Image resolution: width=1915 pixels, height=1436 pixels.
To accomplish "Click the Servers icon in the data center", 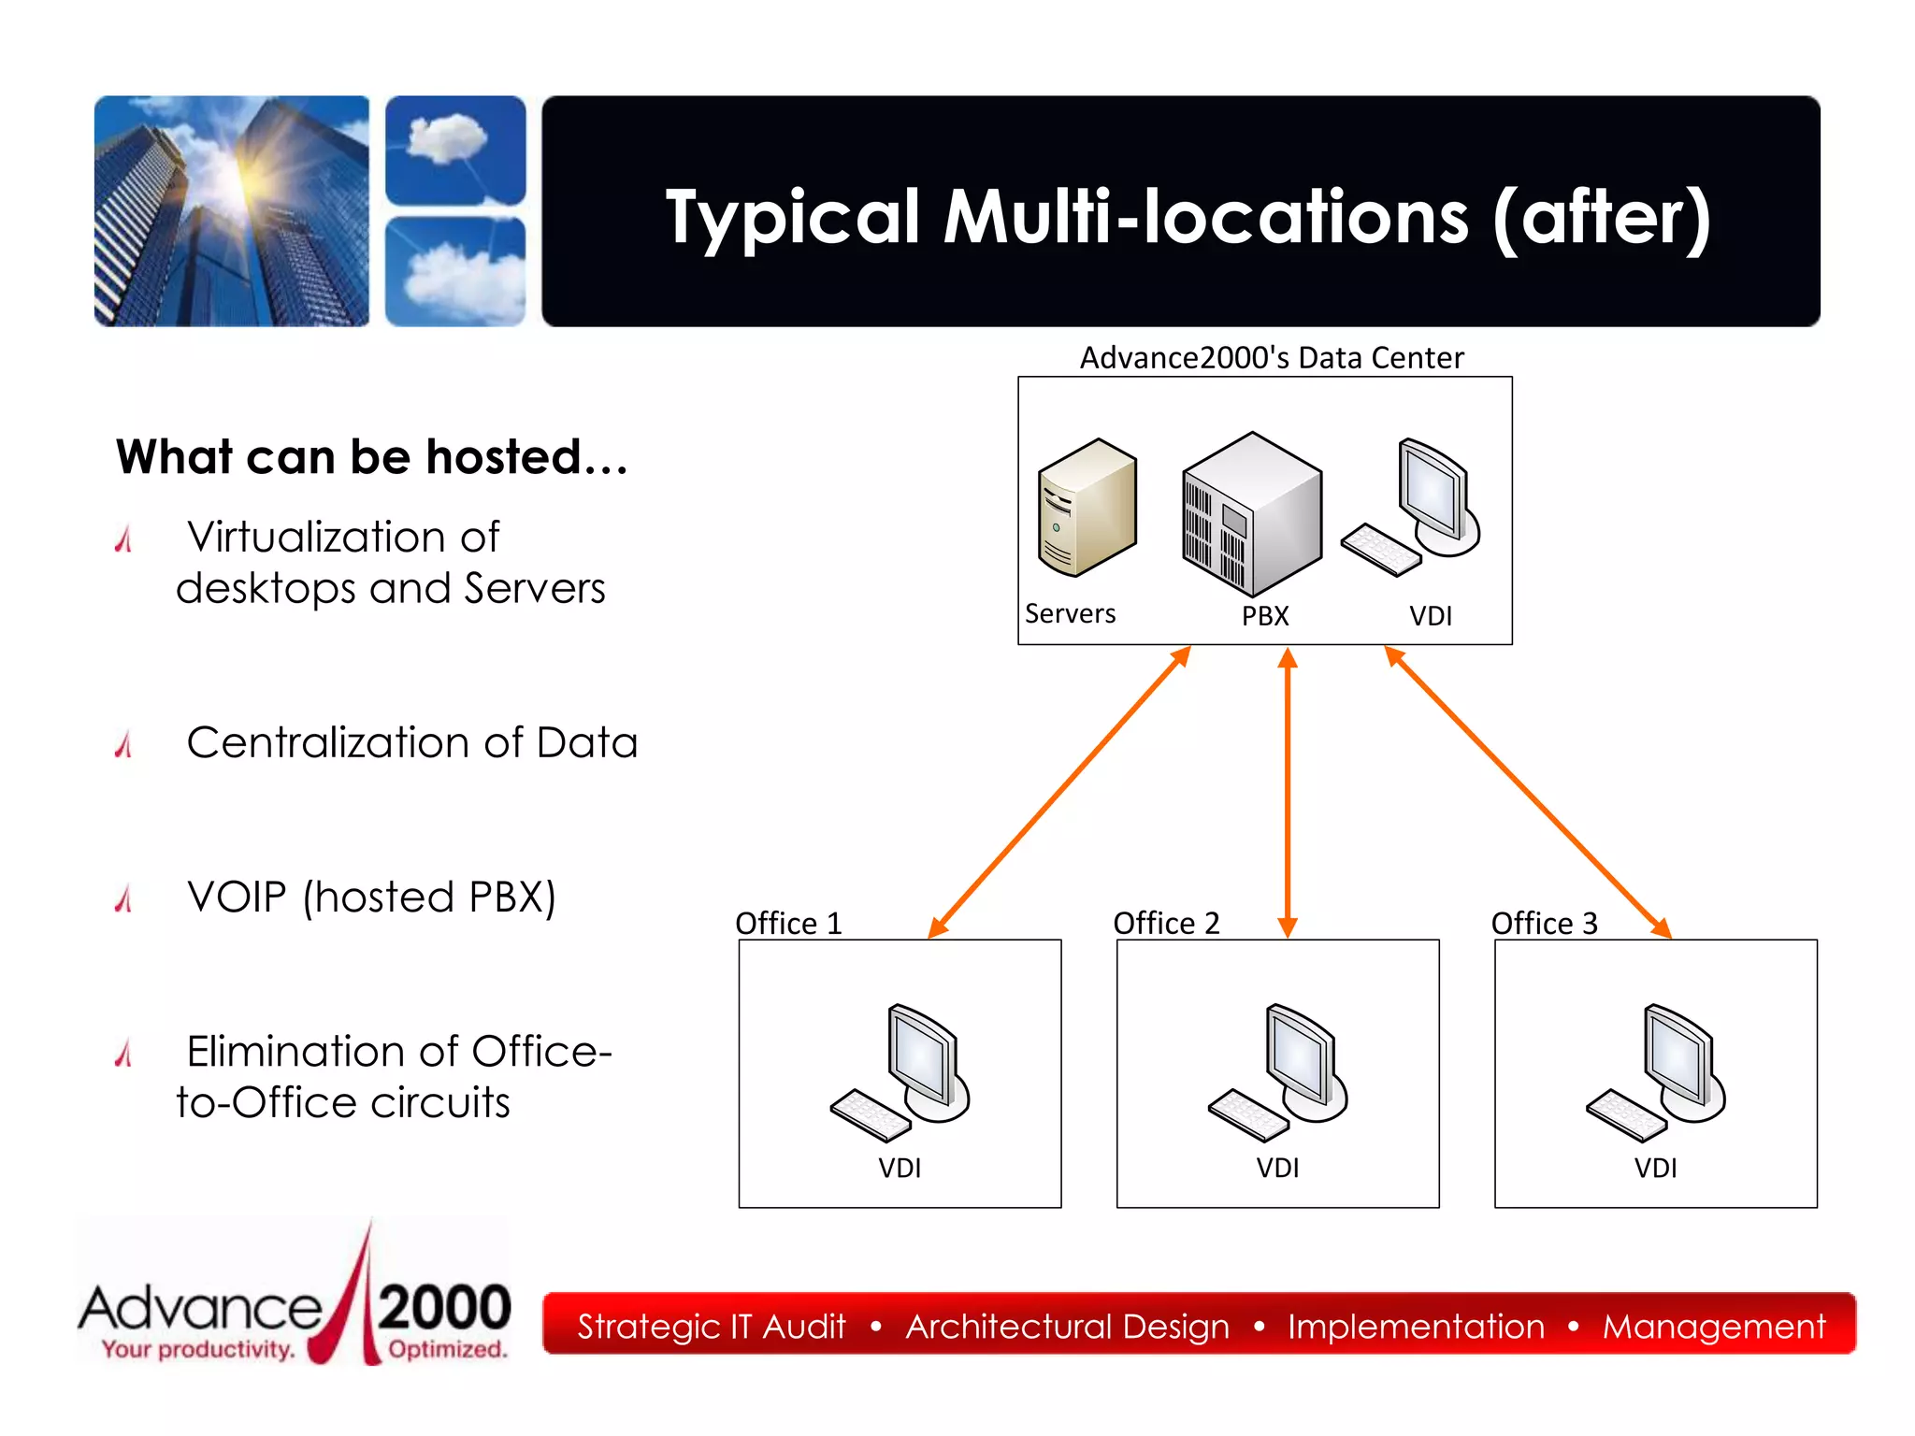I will pos(1087,508).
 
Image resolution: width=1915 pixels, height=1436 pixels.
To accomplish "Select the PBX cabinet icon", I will pos(1251,512).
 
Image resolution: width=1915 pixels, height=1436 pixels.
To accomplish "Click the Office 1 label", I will pos(788,924).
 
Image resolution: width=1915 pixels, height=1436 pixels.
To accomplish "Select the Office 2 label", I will pos(1166,924).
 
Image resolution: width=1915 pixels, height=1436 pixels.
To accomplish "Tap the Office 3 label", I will pos(1544,924).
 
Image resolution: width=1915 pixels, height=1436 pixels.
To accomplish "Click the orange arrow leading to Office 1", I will pos(1059,792).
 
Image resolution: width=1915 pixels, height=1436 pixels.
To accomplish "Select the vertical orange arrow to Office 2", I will pos(1288,792).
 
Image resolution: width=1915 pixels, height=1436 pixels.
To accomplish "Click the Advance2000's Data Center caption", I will pos(1271,358).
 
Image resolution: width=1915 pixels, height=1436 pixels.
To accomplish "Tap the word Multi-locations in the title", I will pos(1206,217).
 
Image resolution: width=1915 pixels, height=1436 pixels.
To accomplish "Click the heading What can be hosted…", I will pos(372,457).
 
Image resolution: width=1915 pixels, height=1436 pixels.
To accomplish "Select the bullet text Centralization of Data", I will pos(411,742).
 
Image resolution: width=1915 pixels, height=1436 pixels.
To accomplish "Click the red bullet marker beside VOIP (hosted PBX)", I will pos(123,898).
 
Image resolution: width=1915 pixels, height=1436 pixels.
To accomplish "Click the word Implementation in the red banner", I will pos(1416,1327).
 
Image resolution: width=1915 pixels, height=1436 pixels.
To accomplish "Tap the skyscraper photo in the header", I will pos(232,211).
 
